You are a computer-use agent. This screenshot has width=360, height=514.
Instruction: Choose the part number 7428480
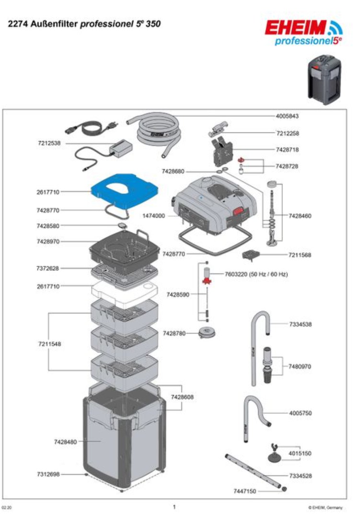point(65,442)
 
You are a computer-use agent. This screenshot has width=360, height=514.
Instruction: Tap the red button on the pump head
point(238,210)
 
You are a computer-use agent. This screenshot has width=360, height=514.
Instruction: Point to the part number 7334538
point(300,325)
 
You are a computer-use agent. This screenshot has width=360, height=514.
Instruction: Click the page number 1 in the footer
point(174,506)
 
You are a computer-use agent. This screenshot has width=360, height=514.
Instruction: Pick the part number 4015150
point(300,453)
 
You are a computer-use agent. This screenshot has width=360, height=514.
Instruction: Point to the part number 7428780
point(174,333)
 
